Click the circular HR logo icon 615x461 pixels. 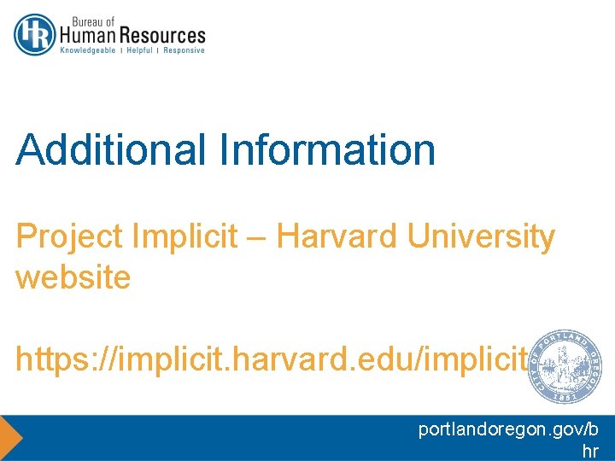coord(35,35)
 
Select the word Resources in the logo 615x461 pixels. coord(162,36)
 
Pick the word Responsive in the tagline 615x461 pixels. coord(184,50)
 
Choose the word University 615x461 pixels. coord(482,237)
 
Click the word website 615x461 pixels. coord(73,277)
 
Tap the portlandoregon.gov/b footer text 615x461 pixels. coord(508,430)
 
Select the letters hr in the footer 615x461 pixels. coord(589,452)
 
